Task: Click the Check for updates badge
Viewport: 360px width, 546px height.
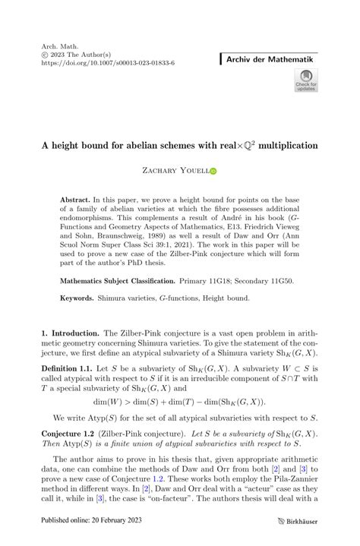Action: pyautogui.click(x=306, y=81)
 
